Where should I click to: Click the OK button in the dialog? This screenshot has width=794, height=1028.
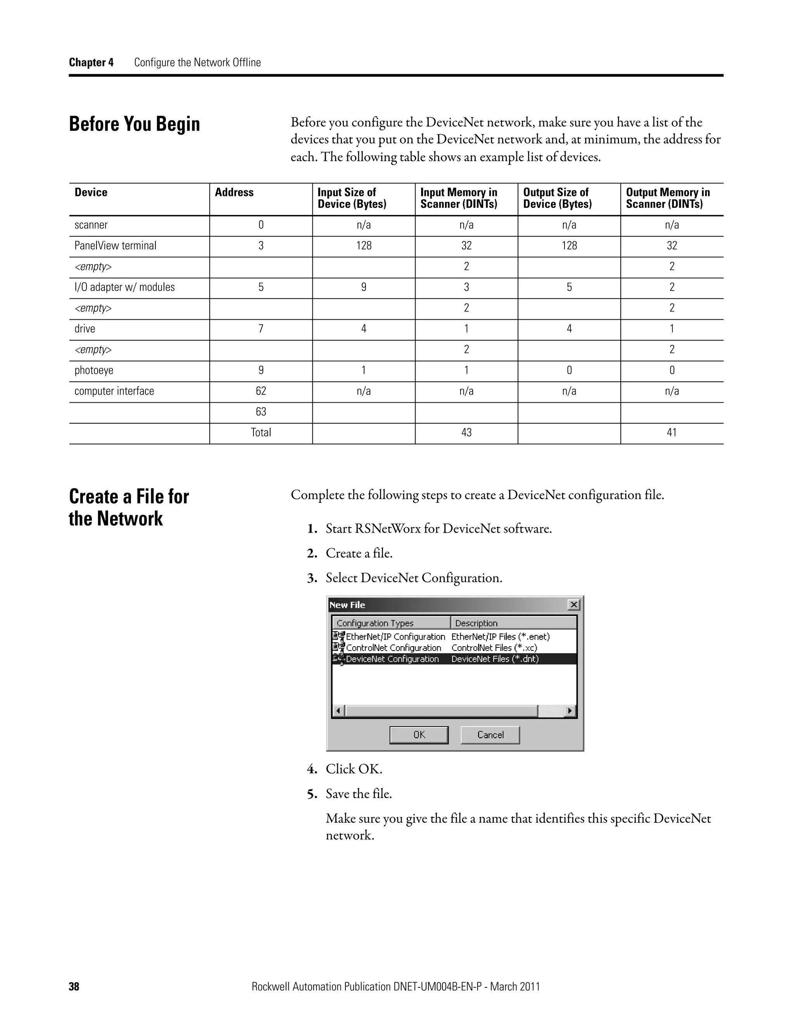pos(419,735)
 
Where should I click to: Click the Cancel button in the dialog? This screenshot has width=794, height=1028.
pos(490,735)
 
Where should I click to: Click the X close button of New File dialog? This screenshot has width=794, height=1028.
pos(573,604)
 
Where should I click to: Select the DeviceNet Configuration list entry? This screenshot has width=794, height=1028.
pos(392,659)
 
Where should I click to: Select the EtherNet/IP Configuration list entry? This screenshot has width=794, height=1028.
pos(395,636)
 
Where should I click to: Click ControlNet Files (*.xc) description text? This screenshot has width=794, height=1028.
pos(494,648)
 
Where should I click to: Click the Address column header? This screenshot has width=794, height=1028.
pos(234,192)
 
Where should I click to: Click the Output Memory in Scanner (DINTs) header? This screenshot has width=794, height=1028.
pos(668,198)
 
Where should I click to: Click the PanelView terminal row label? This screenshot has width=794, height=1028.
pos(115,246)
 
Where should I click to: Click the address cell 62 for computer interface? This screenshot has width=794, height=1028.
pos(261,391)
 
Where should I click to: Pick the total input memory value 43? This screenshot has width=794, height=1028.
pos(466,433)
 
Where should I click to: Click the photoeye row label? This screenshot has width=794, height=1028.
pos(94,370)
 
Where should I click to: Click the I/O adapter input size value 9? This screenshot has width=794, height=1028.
pos(364,287)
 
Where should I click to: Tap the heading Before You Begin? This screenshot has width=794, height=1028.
pos(135,124)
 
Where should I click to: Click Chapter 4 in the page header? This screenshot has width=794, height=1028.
pos(91,62)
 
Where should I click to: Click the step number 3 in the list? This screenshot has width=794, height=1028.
pos(312,578)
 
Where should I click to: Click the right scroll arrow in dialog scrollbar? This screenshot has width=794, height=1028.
pos(570,711)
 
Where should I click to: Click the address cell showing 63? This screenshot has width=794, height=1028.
pos(261,412)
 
